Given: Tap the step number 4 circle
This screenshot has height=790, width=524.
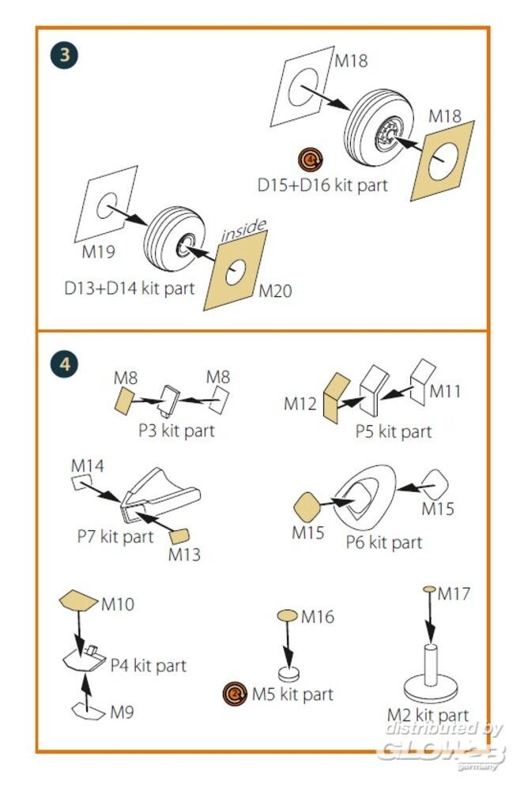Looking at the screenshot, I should [x=64, y=364].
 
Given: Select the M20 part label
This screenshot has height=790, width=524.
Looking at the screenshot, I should [x=275, y=291].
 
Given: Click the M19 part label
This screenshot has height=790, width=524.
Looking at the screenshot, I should [x=99, y=252].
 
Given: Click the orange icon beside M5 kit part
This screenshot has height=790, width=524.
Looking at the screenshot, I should [x=235, y=694].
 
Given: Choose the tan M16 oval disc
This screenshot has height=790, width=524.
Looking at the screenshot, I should [x=287, y=615].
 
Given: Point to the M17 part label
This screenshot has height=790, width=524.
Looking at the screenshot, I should [x=454, y=592].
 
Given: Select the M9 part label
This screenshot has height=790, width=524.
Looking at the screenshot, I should [x=122, y=711].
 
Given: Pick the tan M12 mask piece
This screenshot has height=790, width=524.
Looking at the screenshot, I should [x=336, y=396].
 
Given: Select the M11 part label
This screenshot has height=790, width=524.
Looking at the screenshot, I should [x=446, y=390].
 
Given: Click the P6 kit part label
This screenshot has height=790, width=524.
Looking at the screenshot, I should [x=384, y=543].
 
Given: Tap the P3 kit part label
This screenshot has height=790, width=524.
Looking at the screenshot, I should [x=175, y=431].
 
